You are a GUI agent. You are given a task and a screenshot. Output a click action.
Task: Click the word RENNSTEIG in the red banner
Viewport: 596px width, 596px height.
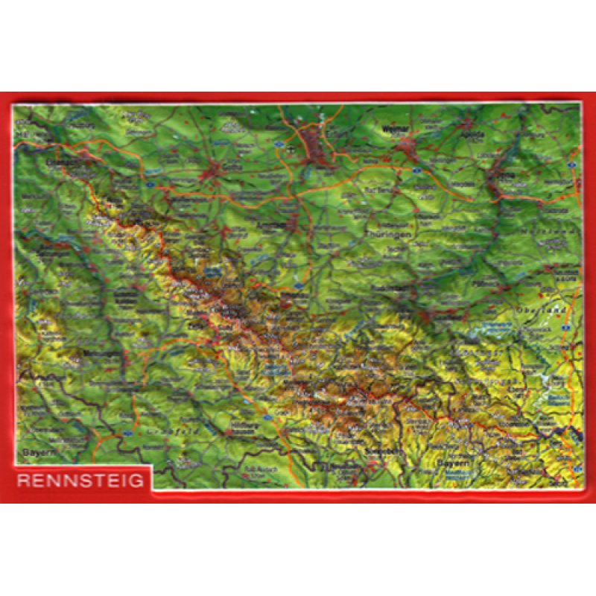pyautogui.click(x=80, y=481)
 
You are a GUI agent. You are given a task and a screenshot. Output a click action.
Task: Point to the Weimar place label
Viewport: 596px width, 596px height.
pyautogui.click(x=395, y=129)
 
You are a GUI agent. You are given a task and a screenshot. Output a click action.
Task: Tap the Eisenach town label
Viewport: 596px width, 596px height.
pyautogui.click(x=63, y=159)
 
